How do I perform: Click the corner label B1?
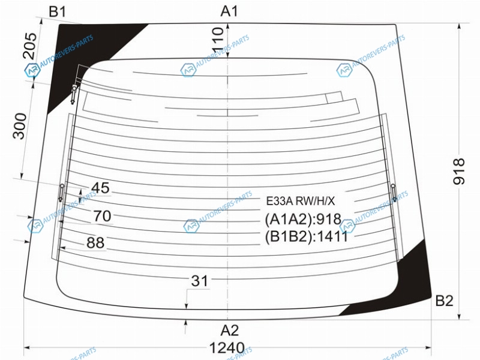pyautogui.click(x=57, y=12)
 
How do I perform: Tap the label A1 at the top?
pyautogui.click(x=229, y=11)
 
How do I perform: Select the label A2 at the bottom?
pyautogui.click(x=229, y=331)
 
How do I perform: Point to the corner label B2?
pyautogui.click(x=444, y=301)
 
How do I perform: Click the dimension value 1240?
pyautogui.click(x=227, y=348)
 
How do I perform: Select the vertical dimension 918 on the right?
pyautogui.click(x=458, y=171)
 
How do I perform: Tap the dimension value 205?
pyautogui.click(x=29, y=46)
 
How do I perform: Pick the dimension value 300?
pyautogui.click(x=20, y=126)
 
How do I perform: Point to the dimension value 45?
pyautogui.click(x=100, y=188)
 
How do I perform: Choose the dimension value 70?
pyautogui.click(x=102, y=216)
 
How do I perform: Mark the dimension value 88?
pyautogui.click(x=95, y=242)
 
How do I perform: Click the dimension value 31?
pyautogui.click(x=200, y=281)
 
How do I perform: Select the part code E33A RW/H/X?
pyautogui.click(x=301, y=201)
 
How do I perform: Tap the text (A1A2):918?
pyautogui.click(x=303, y=219)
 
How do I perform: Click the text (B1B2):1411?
pyautogui.click(x=307, y=236)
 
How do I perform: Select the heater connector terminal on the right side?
pyautogui.click(x=394, y=192)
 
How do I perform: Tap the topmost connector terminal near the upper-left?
pyautogui.click(x=74, y=94)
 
